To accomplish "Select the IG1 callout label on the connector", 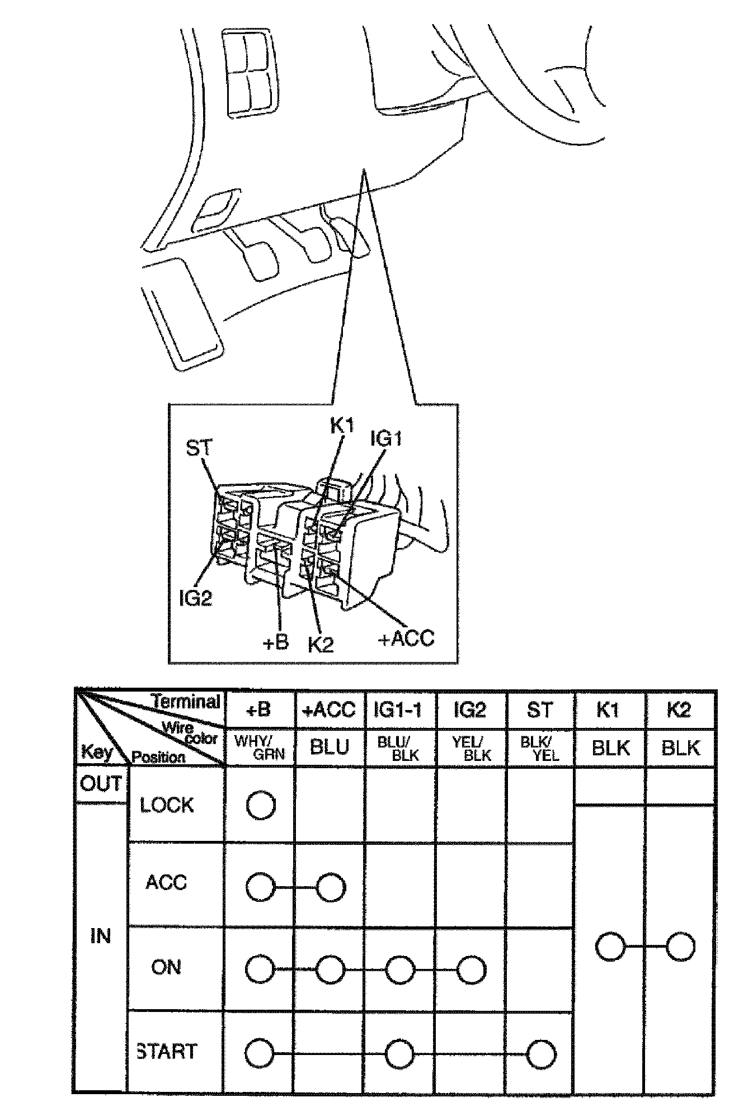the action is point(386,439).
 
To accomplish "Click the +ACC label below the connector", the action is point(406,638).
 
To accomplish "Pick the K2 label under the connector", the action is point(321,645).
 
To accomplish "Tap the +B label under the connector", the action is point(275,642).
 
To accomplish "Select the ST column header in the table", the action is point(540,709).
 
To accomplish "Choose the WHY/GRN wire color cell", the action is point(260,748).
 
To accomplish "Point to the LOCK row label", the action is point(167,805).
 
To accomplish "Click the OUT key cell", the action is point(101,784).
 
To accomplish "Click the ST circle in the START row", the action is point(541,1054).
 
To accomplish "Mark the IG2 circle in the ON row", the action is point(471,970).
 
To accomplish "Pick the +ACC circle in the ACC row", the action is point(331,887).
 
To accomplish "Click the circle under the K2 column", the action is point(681,946).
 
